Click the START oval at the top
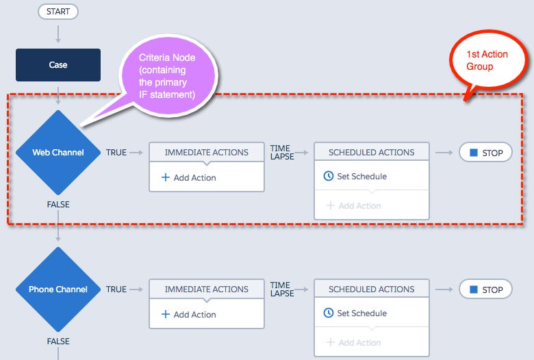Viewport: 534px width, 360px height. [58, 12]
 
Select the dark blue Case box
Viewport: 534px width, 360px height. [58, 65]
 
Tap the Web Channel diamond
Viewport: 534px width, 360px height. [58, 153]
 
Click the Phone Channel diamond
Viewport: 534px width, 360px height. [58, 290]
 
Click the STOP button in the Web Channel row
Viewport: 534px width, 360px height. [485, 153]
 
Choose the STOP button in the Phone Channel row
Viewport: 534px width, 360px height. [485, 290]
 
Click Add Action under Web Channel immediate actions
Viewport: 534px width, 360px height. [189, 178]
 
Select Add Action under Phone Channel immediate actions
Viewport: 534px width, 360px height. [189, 315]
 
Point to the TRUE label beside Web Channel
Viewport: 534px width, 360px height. [116, 153]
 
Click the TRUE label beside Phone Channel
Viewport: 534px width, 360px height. [116, 290]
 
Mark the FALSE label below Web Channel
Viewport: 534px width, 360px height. [58, 205]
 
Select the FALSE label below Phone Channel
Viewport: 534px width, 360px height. [58, 342]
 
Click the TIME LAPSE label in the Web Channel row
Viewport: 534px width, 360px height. [281, 152]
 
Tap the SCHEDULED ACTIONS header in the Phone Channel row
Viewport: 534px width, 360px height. [372, 290]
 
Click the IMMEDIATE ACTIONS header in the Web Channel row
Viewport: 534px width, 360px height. [207, 153]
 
